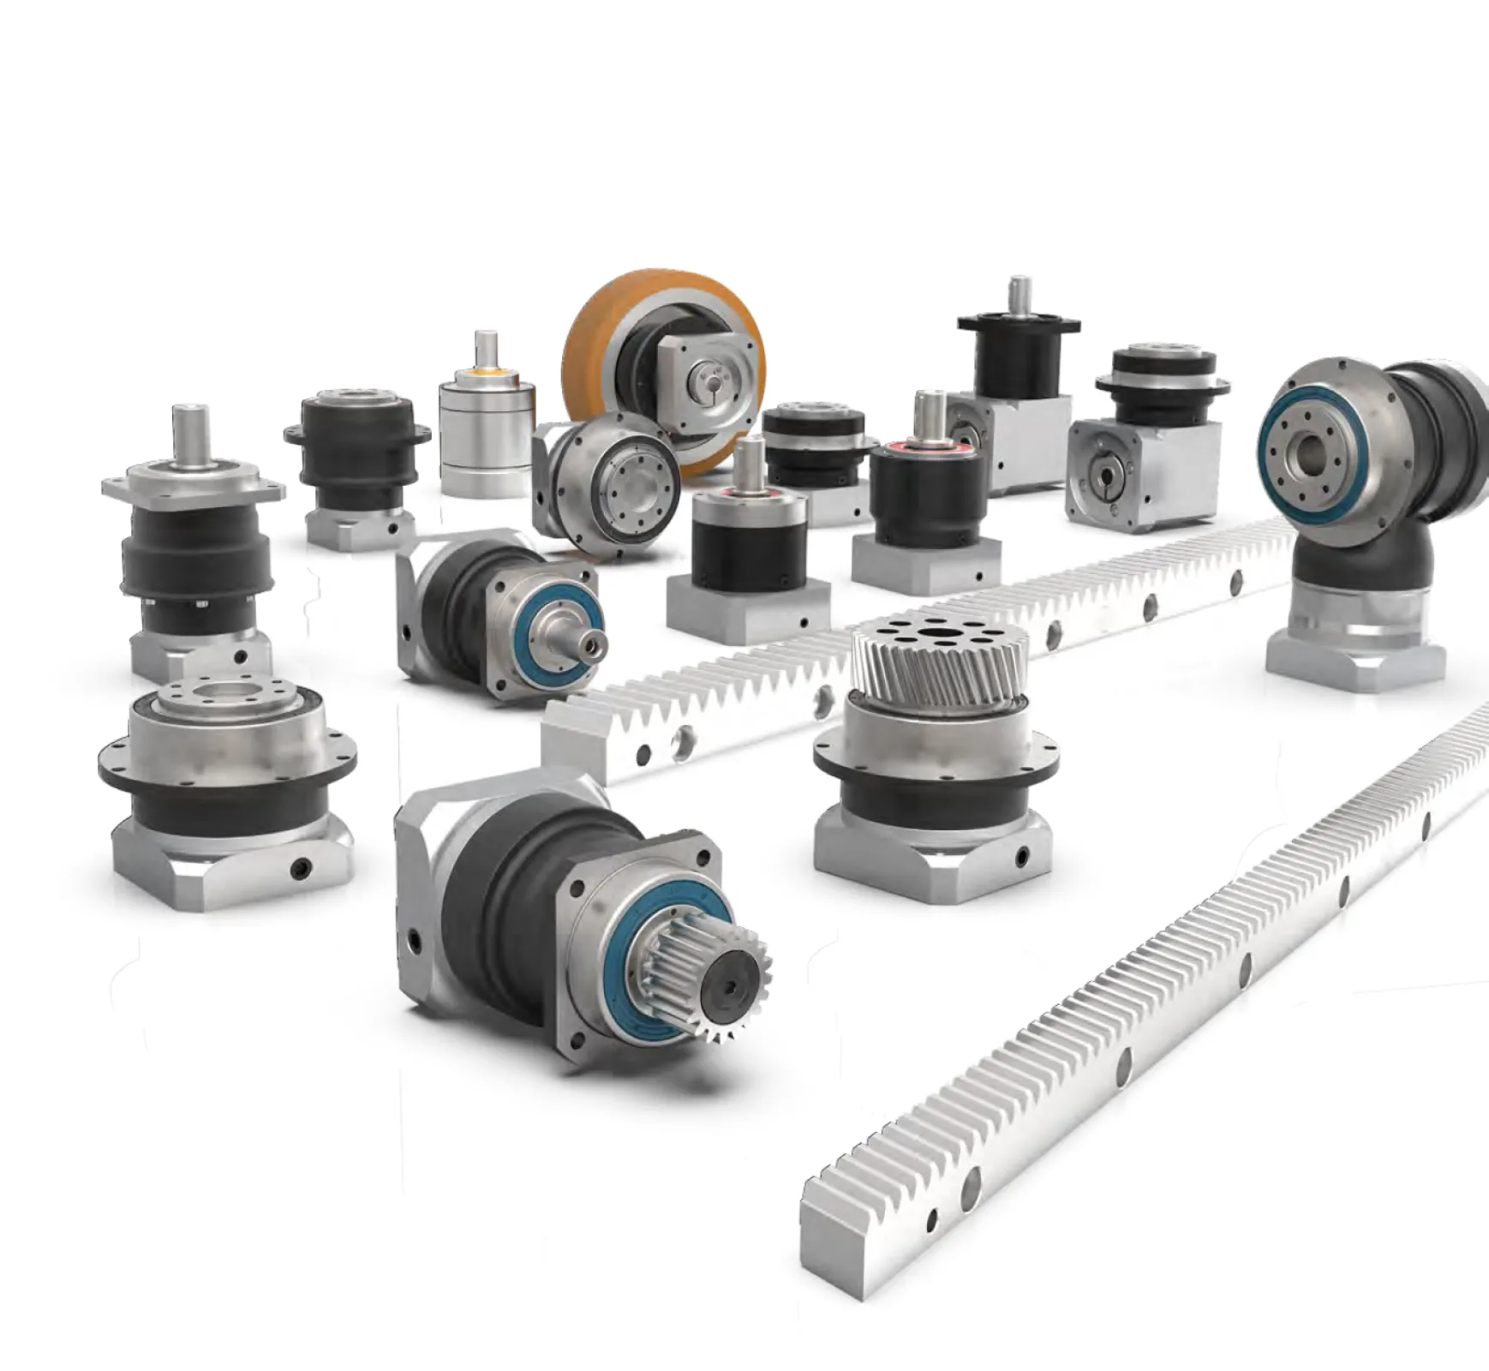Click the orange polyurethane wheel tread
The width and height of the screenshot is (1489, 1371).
click(600, 326)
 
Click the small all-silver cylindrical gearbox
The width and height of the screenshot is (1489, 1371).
click(486, 437)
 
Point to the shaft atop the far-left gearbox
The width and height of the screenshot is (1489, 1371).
click(188, 428)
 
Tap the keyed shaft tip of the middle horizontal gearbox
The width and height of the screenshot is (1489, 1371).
click(591, 640)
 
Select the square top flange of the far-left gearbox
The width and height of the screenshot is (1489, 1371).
click(192, 484)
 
